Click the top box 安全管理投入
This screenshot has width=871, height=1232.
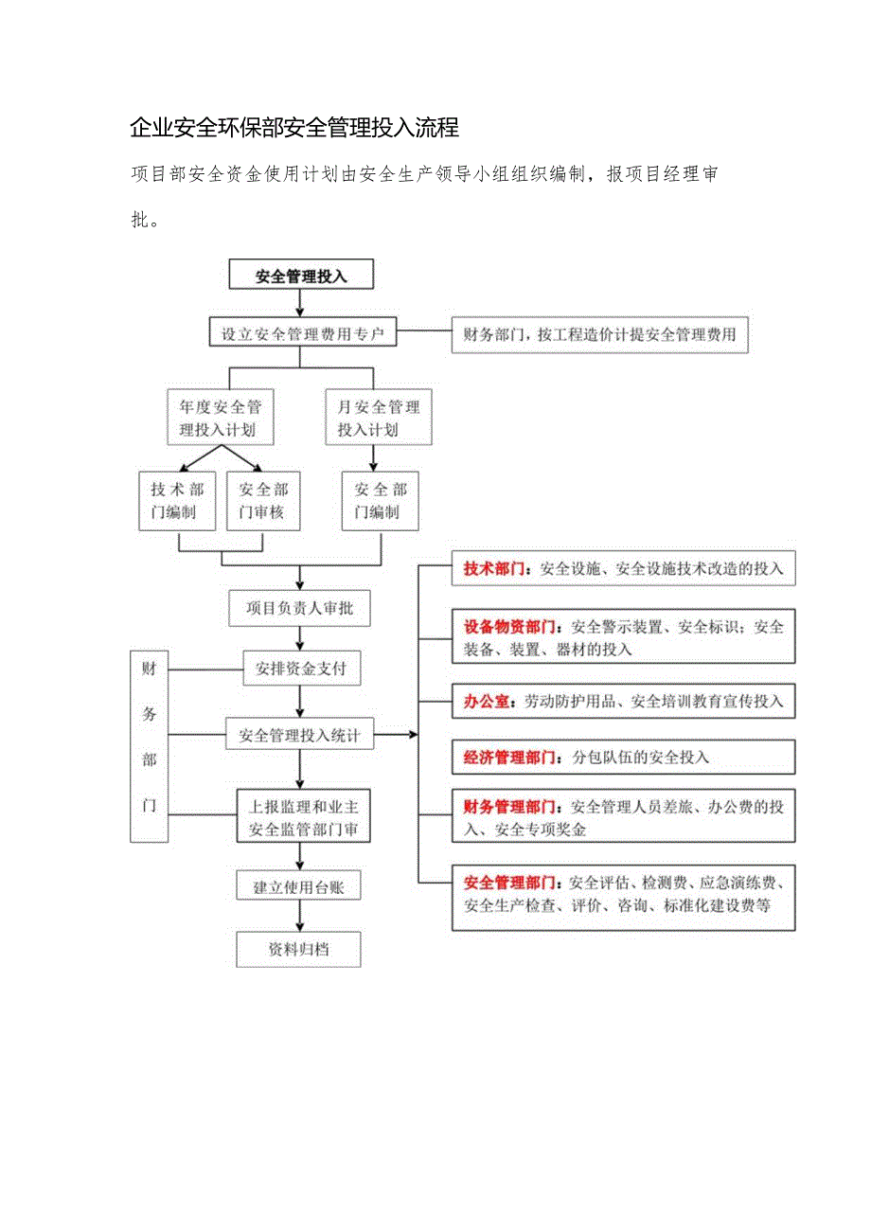[301, 277]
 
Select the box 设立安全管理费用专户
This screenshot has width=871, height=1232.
[301, 333]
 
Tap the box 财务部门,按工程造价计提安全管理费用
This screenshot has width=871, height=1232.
[599, 334]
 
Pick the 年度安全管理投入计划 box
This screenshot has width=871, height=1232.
[221, 419]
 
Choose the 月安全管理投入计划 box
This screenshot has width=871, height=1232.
[379, 419]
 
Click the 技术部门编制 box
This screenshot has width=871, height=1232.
[178, 501]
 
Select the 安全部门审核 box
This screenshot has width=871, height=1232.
[261, 501]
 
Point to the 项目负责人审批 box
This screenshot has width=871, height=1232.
[299, 608]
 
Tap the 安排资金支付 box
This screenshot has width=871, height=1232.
[301, 669]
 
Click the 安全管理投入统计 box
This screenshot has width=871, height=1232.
[299, 734]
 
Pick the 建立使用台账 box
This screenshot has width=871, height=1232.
[299, 887]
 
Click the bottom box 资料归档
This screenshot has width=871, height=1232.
[299, 948]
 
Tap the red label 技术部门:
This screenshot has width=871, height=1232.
[499, 569]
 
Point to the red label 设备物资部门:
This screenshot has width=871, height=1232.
[511, 627]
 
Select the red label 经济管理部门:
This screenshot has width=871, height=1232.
[511, 758]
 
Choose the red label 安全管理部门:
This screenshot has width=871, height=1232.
[511, 883]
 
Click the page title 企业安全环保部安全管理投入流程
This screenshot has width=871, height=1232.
[293, 127]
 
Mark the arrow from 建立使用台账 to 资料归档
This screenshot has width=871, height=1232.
[300, 916]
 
